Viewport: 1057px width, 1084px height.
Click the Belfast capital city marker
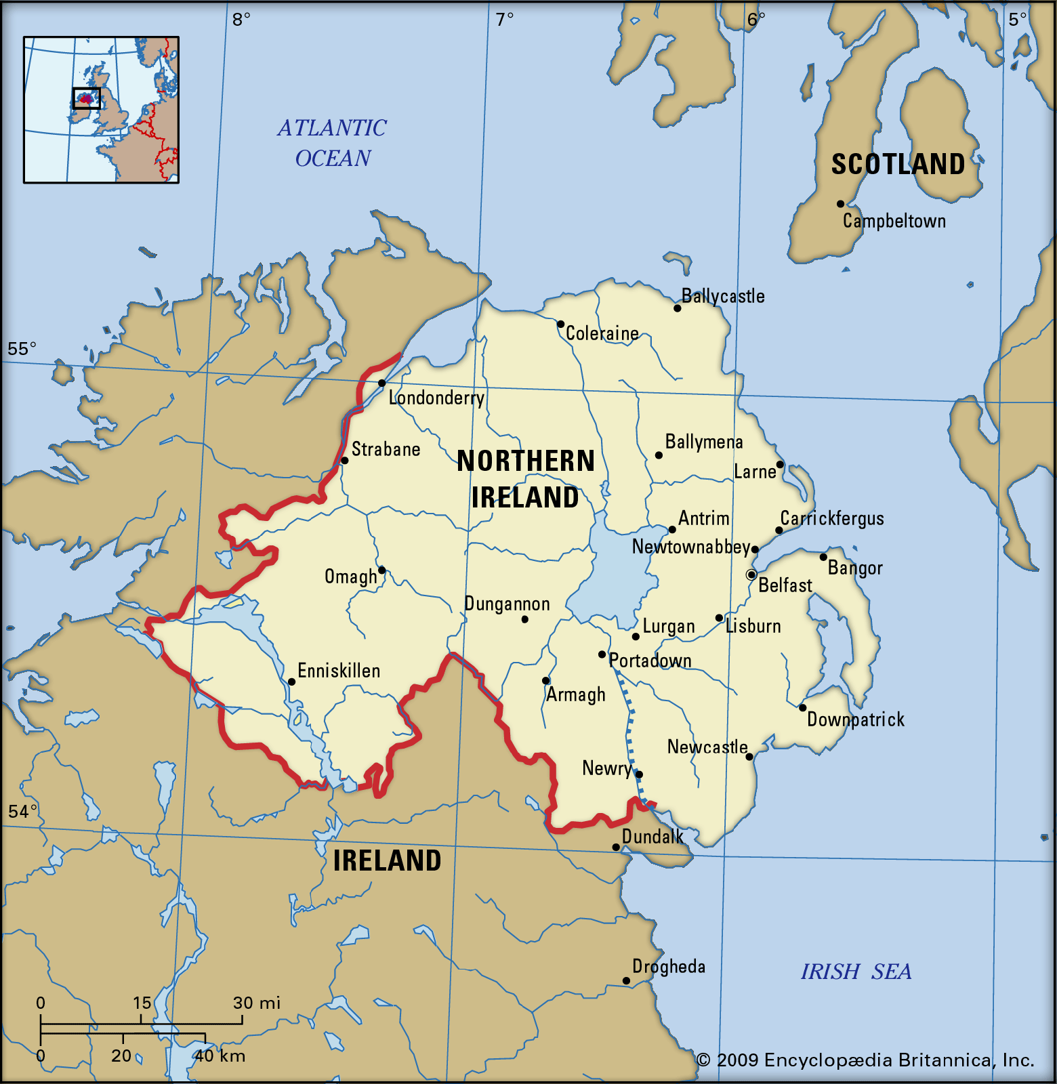(x=751, y=575)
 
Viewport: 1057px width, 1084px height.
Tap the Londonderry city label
(x=436, y=398)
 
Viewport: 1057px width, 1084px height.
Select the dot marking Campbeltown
(x=840, y=204)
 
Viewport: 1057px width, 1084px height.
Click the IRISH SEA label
(x=856, y=972)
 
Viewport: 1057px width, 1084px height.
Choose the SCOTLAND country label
(x=898, y=165)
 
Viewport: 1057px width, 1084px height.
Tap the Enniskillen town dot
(x=291, y=682)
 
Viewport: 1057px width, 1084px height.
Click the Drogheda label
(x=669, y=966)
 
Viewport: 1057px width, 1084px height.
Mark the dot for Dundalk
(x=615, y=847)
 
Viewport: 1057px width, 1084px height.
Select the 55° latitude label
(x=22, y=349)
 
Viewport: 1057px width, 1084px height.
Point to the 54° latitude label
(x=22, y=811)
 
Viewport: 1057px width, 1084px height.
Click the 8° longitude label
(x=241, y=20)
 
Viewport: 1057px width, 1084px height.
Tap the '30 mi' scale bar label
(x=256, y=1003)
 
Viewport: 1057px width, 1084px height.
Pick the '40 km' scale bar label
(x=220, y=1056)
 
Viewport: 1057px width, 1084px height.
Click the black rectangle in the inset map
(x=87, y=98)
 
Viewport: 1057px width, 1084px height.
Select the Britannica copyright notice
(x=865, y=1060)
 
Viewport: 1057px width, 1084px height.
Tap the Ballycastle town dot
(x=677, y=308)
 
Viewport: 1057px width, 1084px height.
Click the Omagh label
(x=350, y=577)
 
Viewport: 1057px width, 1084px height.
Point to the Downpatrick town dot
(x=802, y=707)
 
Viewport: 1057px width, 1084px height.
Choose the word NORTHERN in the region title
(x=526, y=461)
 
